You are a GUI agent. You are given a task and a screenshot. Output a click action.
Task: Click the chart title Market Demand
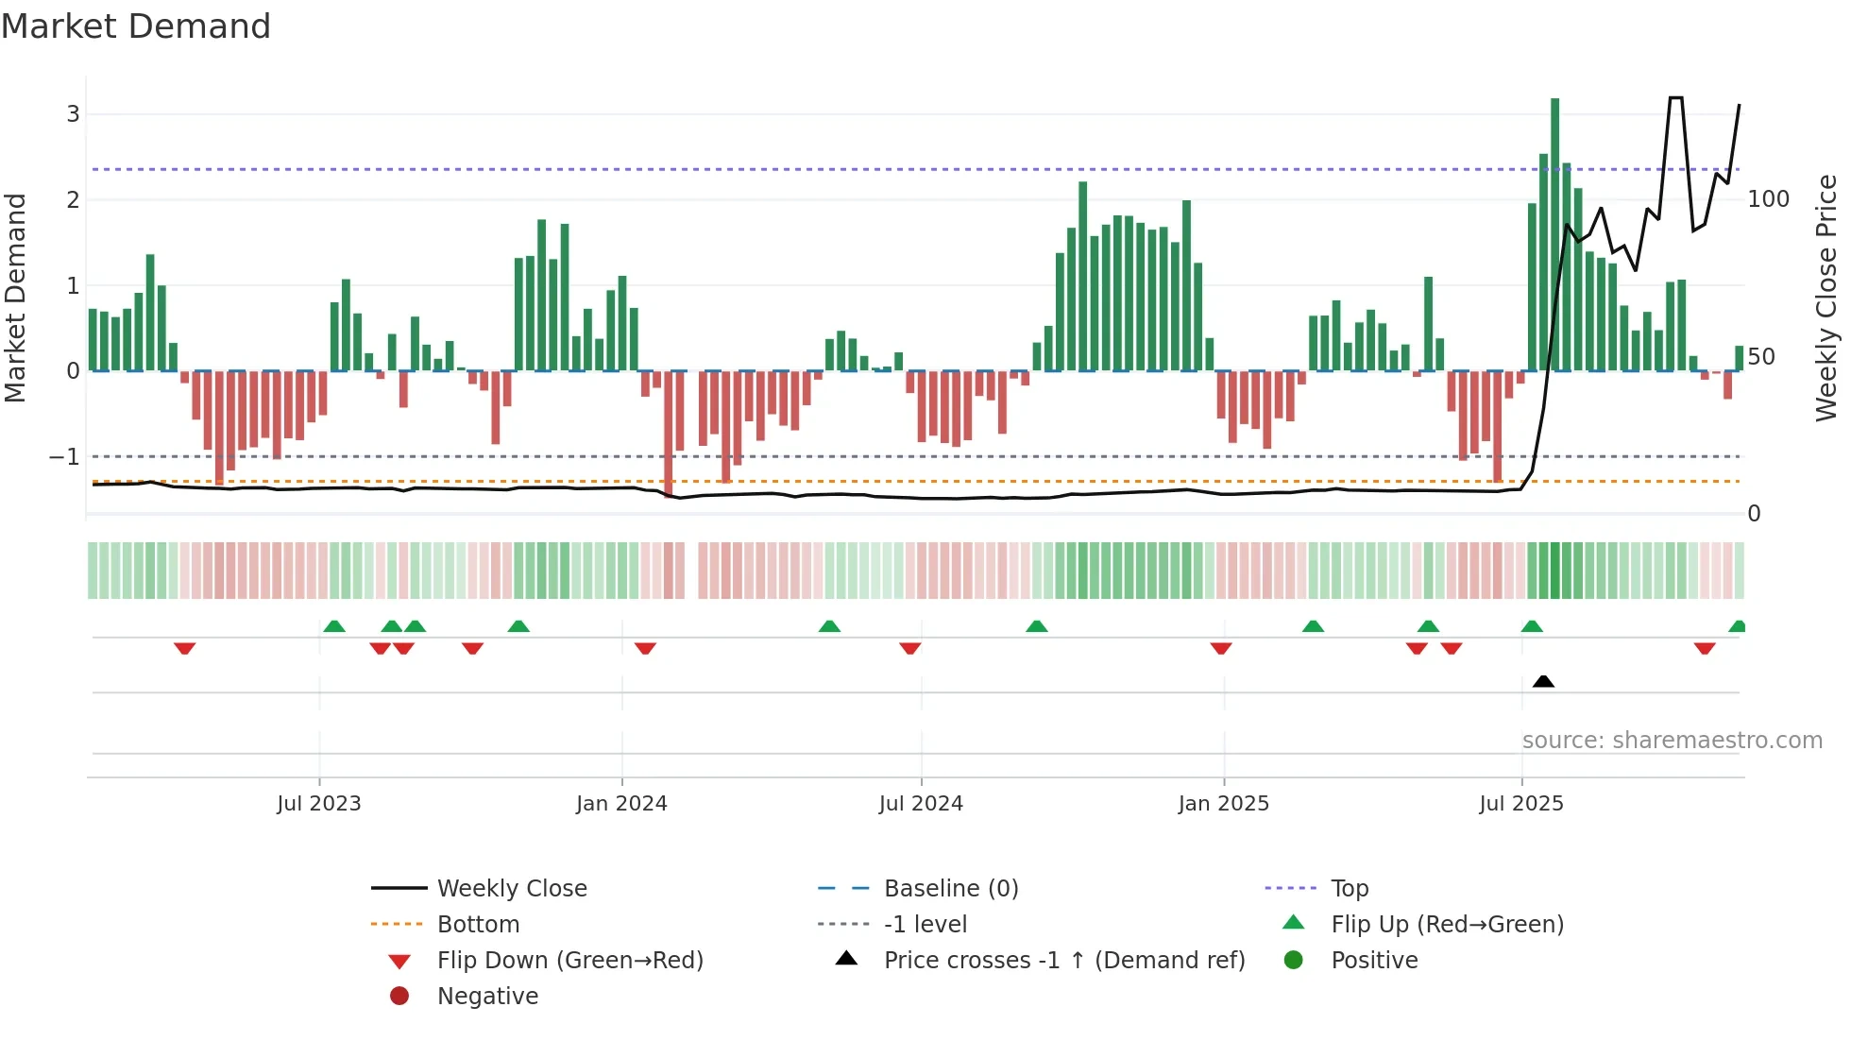136,26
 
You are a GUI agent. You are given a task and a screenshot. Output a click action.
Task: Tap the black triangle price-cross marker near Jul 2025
1543,681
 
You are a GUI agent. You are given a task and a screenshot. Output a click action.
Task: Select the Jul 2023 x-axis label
319,804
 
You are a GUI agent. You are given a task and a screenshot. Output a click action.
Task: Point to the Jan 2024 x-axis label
621,804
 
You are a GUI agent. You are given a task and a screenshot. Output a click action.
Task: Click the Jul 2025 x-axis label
1521,804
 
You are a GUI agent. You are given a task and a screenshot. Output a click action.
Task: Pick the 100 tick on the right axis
1768,199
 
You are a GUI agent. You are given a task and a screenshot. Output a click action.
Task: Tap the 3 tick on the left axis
73,114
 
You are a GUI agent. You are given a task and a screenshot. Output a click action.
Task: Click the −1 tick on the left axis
65,457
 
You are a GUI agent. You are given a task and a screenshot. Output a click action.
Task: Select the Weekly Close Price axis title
1826,298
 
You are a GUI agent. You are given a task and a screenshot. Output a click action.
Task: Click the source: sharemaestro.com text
1672,741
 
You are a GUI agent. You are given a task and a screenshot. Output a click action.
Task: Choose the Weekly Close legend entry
511,889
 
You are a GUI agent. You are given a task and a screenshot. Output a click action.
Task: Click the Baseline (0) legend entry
950,889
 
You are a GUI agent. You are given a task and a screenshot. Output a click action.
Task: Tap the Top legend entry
1349,889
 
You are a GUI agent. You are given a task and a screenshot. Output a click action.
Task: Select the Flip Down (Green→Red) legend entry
569,961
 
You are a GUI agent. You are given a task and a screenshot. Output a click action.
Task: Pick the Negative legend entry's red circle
399,997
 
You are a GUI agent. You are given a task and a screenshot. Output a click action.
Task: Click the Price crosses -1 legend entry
1063,961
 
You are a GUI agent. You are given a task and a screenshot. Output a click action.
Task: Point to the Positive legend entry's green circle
1294,961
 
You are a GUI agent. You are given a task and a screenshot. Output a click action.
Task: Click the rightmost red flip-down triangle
1705,648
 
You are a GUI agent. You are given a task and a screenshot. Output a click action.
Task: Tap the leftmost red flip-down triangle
185,648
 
